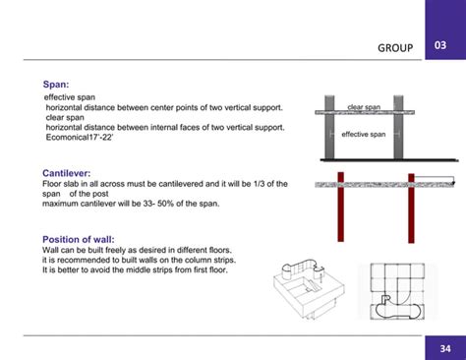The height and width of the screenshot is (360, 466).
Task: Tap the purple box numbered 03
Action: pos(445,45)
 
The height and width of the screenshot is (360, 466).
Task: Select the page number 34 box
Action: pos(445,348)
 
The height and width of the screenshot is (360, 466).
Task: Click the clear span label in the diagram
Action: pos(364,106)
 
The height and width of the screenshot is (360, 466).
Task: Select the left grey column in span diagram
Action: pos(329,127)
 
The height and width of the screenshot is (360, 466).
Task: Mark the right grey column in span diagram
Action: pos(398,127)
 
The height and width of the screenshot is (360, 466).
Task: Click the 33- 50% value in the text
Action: pos(146,204)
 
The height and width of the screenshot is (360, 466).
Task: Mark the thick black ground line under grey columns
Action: pos(364,158)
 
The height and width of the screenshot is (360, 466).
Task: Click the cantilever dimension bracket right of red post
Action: pos(434,180)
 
